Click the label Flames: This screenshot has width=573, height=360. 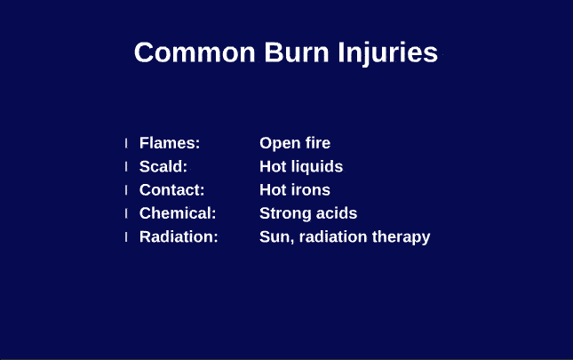tap(170, 143)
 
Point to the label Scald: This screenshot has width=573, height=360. tap(163, 166)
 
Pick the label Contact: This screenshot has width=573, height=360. tap(172, 190)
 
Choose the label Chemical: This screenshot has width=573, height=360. tap(178, 213)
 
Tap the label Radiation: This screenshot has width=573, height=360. tap(179, 237)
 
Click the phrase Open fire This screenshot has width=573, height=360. tap(295, 143)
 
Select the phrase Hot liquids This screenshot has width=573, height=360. tap(301, 166)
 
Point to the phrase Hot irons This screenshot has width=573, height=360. tap(295, 190)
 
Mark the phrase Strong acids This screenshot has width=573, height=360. tap(308, 213)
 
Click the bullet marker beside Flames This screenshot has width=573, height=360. tap(126, 143)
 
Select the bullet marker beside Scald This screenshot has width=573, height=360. tap(126, 166)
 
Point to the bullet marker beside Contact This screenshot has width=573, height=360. tap(126, 190)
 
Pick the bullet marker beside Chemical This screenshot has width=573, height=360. tap(126, 213)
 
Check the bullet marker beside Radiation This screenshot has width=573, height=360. tap(126, 237)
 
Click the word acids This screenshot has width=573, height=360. tap(336, 213)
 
